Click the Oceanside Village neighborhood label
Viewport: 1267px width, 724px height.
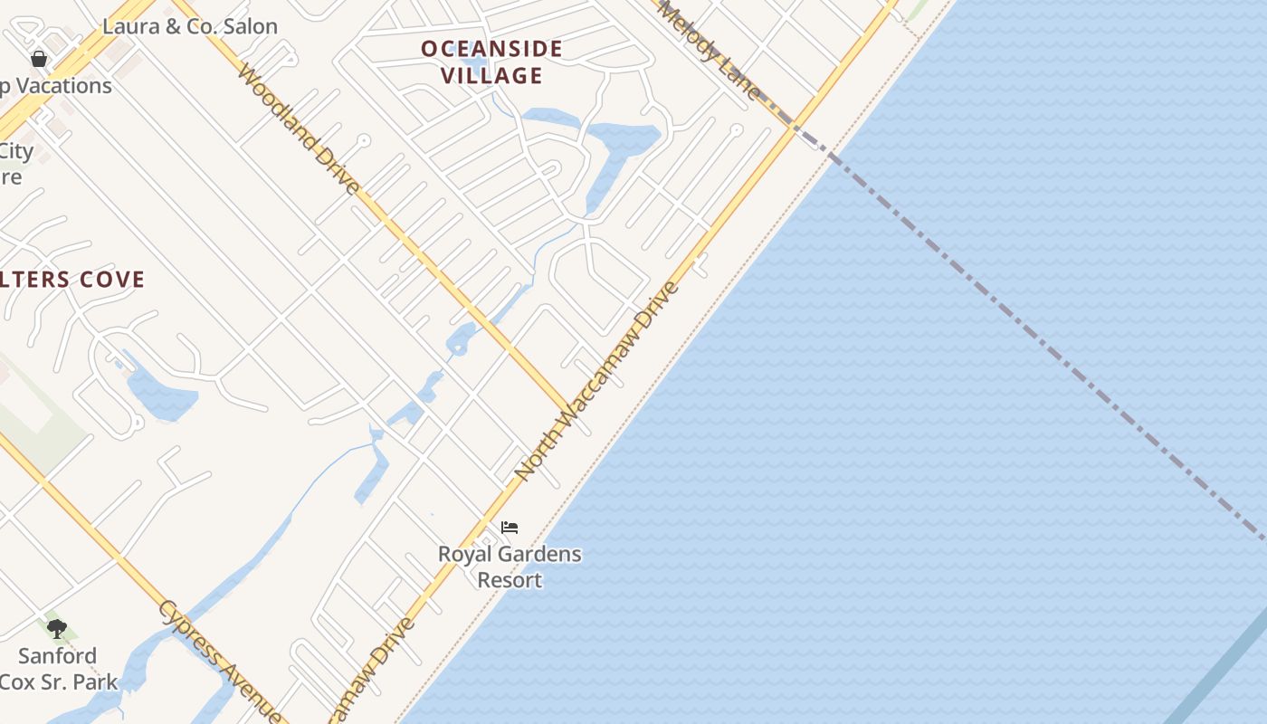tap(491, 62)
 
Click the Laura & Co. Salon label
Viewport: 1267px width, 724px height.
tap(189, 26)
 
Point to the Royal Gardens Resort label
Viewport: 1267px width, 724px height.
tap(510, 566)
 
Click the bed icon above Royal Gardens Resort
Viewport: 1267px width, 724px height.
tap(510, 528)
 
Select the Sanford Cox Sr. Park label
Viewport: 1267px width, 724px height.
tap(58, 668)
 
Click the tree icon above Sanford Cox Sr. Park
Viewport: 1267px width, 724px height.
tap(57, 628)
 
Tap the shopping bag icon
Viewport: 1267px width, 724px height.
tap(39, 60)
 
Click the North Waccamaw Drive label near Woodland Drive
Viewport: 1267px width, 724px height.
tap(596, 381)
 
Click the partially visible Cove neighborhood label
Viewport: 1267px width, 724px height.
tap(72, 279)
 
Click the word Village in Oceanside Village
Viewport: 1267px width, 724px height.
tap(492, 75)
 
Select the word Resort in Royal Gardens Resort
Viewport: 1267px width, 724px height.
tap(510, 579)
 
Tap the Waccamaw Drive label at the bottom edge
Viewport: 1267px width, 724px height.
tap(373, 670)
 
